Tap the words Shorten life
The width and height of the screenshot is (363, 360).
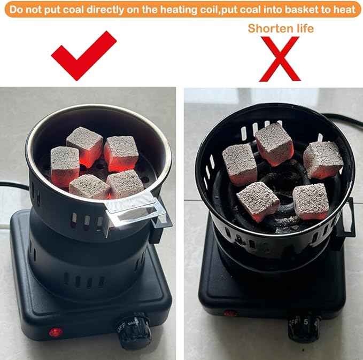280,28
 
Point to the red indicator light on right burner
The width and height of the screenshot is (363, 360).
230,313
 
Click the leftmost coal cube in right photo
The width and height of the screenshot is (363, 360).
239,163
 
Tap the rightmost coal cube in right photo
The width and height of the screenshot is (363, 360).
323,159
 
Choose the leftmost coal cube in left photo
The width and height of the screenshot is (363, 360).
65,166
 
